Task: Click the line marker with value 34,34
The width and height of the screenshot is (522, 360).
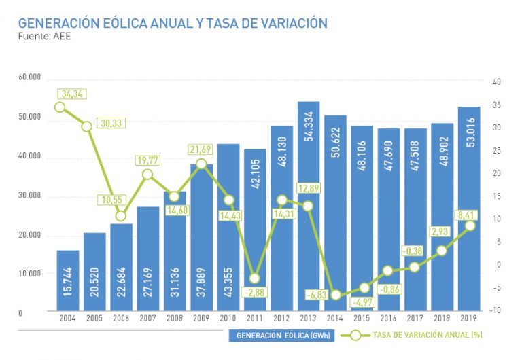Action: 60,107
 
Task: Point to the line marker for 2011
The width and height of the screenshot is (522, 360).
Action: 255,278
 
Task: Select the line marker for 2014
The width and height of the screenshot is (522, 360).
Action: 335,295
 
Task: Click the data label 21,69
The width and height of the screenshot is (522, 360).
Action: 202,149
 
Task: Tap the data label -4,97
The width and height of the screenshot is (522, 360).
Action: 364,301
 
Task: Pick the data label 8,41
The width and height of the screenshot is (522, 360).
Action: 468,215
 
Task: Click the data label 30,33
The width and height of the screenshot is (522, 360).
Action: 110,123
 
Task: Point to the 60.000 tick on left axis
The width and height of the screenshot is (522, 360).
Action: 30,77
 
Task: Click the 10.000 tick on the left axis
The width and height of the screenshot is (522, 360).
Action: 30,274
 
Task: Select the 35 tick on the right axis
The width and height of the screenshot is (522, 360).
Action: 496,105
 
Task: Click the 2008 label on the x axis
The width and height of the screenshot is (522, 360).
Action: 175,318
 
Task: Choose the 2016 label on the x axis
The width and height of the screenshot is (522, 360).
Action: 389,318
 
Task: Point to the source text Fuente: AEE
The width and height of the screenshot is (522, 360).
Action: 44,37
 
